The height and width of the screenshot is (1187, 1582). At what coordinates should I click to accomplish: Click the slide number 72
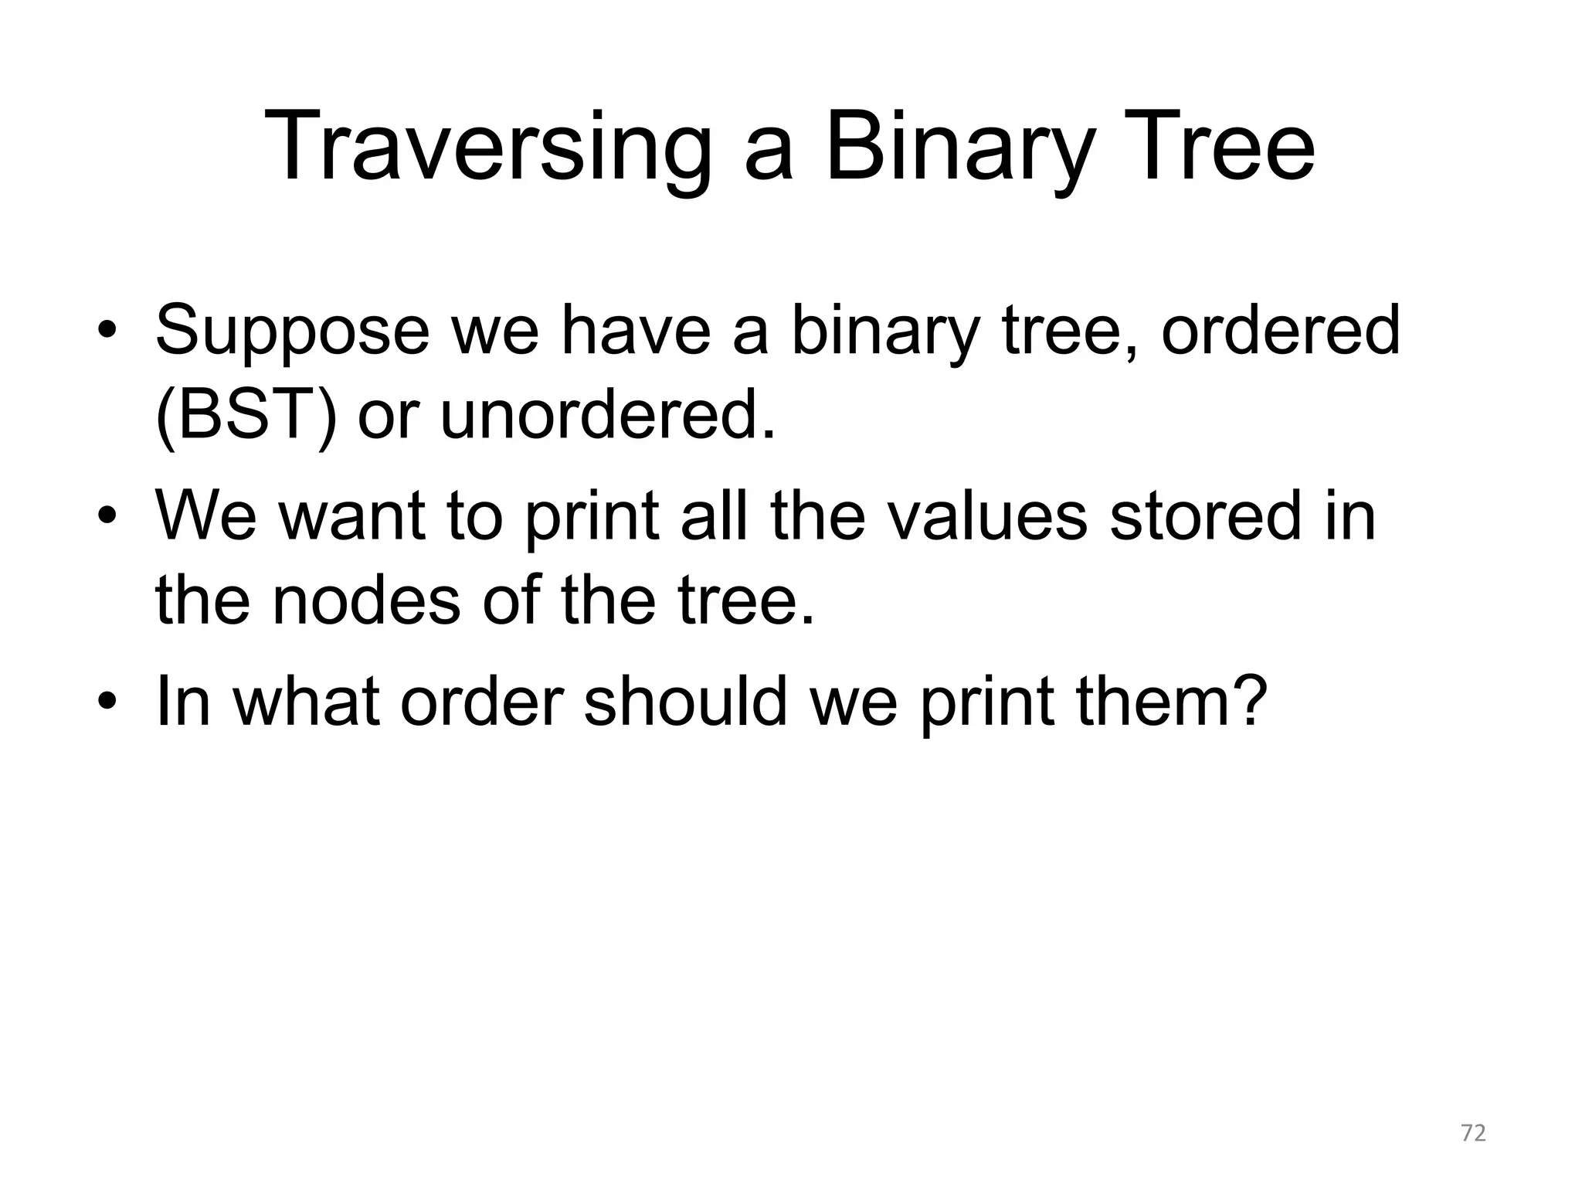click(1473, 1134)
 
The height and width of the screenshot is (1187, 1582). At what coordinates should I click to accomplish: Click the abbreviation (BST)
click(246, 417)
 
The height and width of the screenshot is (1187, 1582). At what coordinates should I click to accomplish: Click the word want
click(352, 516)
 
